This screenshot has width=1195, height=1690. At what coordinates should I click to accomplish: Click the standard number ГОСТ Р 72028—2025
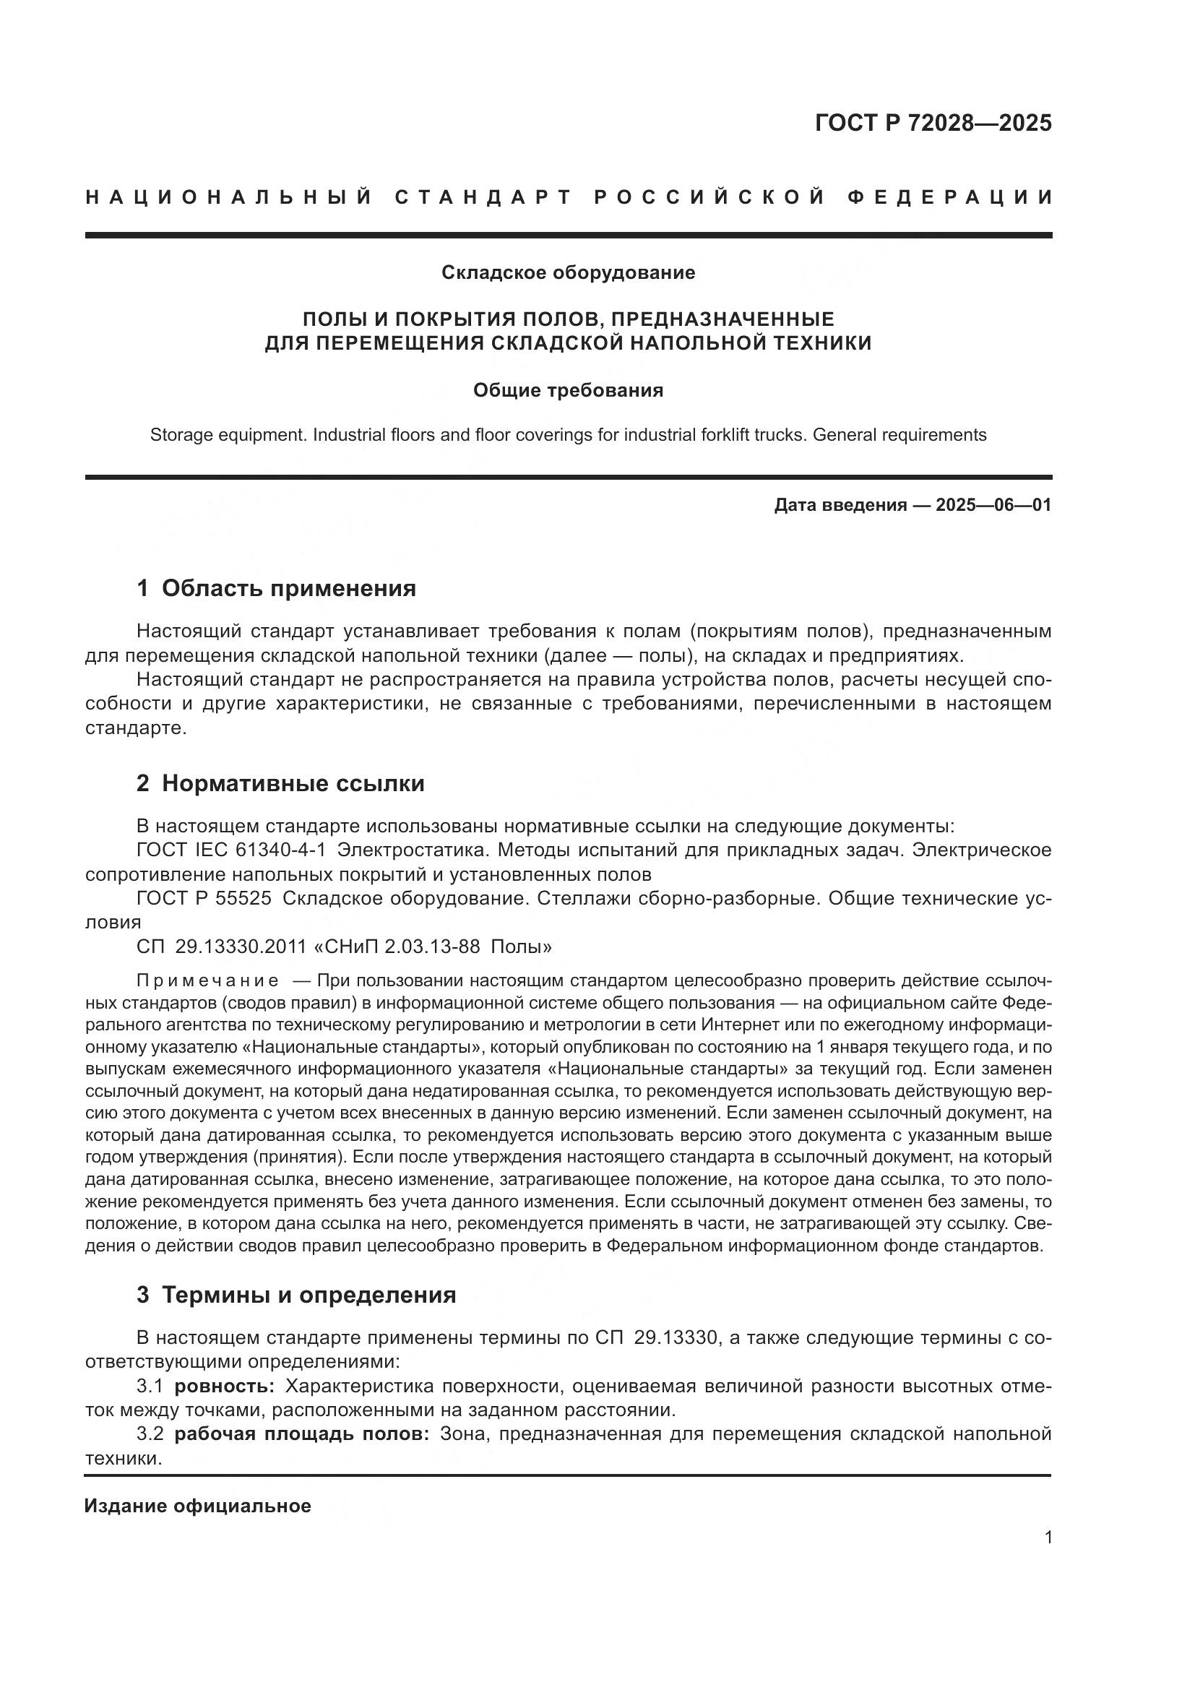coord(933,123)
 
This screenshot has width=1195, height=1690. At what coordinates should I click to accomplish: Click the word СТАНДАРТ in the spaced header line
coord(483,197)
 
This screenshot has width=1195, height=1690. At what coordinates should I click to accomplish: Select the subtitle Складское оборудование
coord(568,272)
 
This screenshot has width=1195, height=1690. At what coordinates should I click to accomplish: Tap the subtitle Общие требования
coord(568,390)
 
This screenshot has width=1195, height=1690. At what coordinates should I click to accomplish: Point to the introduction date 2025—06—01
coord(993,505)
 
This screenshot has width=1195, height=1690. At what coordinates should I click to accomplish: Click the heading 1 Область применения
coord(276,588)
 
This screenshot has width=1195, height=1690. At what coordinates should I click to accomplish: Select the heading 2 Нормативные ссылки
coord(280,783)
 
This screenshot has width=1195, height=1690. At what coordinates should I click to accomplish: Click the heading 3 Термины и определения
coord(295,1294)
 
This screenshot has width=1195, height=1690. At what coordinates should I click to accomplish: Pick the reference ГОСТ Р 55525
coord(204,899)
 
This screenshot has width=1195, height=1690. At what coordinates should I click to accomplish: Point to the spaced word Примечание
coord(207,981)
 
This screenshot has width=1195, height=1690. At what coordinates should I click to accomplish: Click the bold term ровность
coord(225,1386)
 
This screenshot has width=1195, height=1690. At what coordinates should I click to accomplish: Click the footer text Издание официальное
coord(197,1506)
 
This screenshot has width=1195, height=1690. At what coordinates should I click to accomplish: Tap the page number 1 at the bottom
coord(1048,1537)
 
